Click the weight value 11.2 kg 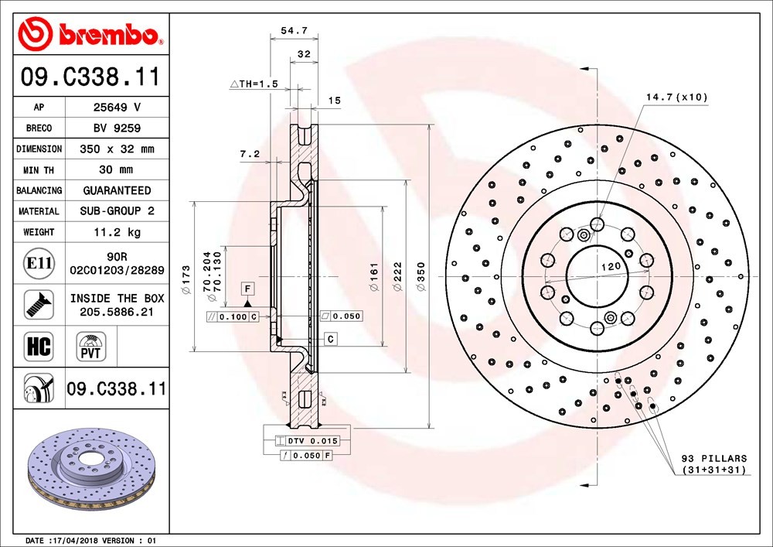(117, 232)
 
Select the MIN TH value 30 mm (117, 169)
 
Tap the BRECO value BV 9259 (117, 128)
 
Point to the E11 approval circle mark (39, 263)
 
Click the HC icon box (39, 346)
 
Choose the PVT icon (90, 347)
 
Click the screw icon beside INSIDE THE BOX (39, 304)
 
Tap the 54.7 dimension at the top (295, 31)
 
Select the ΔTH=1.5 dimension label (254, 84)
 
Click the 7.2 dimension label (250, 154)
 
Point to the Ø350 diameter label (421, 276)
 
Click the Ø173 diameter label (186, 279)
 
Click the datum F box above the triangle (247, 289)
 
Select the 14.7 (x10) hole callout (677, 97)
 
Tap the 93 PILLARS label (714, 458)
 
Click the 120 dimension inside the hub (611, 266)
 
